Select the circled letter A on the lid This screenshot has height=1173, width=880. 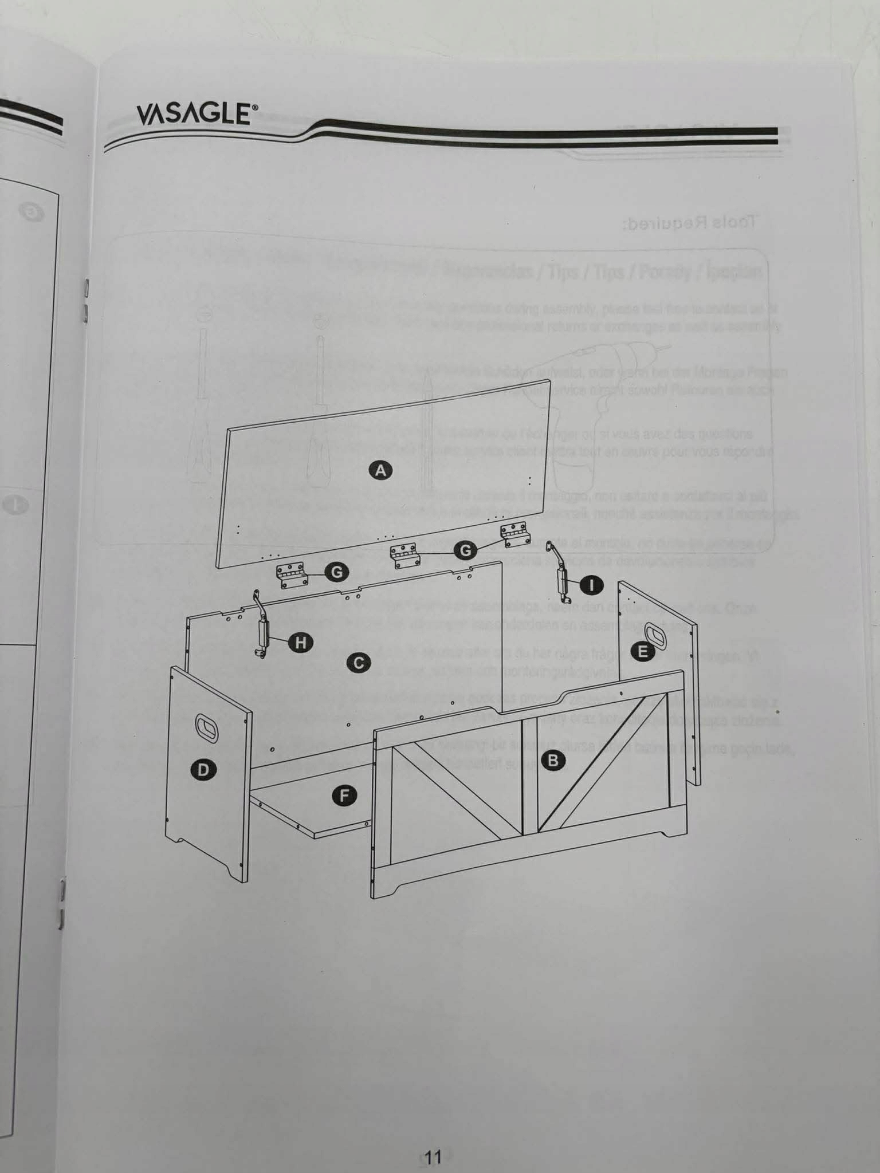(380, 470)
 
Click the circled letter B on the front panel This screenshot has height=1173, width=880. (553, 760)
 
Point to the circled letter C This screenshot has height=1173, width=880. (359, 663)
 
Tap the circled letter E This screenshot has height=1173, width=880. (643, 651)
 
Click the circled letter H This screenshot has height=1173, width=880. (300, 643)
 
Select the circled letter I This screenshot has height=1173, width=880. (592, 585)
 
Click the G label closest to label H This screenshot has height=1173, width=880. (337, 571)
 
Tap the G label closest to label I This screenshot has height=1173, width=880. (466, 550)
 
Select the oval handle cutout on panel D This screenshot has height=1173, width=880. (206, 726)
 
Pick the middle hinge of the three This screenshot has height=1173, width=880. (405, 556)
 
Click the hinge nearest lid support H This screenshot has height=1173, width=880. (292, 575)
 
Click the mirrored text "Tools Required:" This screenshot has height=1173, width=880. (689, 222)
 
